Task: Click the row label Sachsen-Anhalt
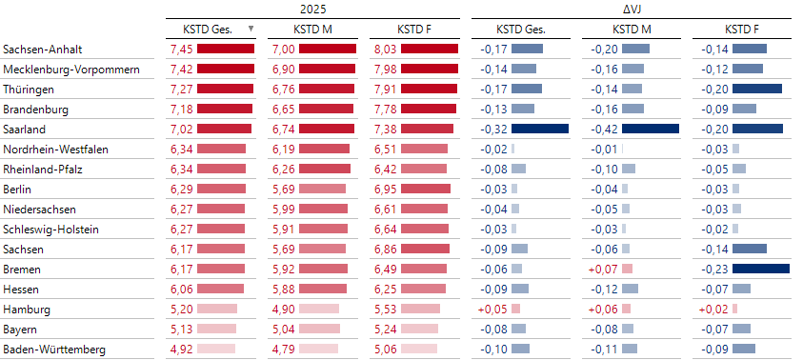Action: pos(41,49)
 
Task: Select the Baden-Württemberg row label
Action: pos(53,350)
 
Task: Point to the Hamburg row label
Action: pos(28,310)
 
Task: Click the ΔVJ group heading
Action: pos(630,9)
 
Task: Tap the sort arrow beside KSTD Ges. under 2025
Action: pos(251,29)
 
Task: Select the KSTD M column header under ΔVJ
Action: pos(632,29)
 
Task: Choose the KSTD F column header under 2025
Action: pos(414,29)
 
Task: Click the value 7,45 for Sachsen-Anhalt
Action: pos(181,49)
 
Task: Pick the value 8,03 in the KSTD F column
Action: pos(383,49)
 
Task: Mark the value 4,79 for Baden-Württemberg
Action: pos(282,350)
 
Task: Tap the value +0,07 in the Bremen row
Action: pos(604,270)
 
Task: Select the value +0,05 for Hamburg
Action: pos(492,310)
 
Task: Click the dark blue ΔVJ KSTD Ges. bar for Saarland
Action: pos(540,129)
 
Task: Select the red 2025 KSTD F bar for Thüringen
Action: pos(430,89)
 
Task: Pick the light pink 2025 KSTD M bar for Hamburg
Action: pos(319,310)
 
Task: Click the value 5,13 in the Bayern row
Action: pos(181,330)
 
